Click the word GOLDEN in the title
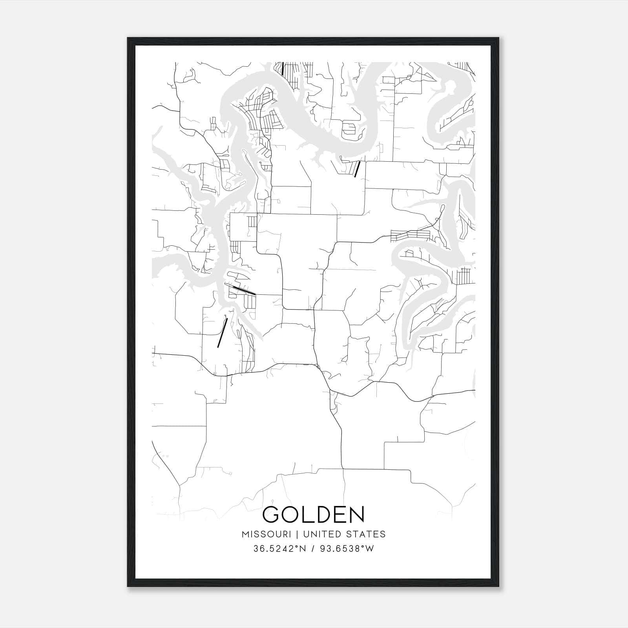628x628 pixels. (314, 515)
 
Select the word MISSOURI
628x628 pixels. (266, 534)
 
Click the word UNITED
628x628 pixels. (321, 534)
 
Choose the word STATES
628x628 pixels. (366, 534)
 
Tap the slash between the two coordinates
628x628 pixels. (313, 549)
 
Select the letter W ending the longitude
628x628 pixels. (370, 549)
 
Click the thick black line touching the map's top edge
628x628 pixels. (283, 68)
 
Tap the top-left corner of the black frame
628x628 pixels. (128, 38)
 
